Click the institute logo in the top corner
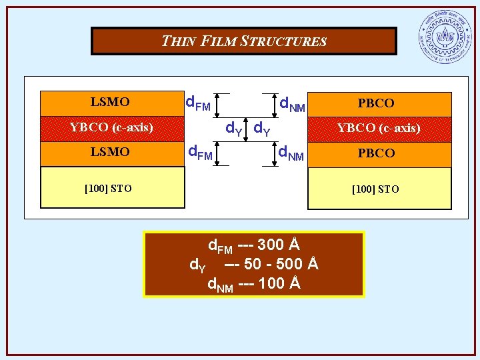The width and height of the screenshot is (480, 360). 444,38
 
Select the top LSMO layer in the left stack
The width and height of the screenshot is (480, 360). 111,103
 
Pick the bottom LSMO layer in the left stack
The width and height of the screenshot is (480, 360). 111,153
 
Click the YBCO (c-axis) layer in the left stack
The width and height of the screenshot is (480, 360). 111,127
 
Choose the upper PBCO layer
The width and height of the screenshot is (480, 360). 376,103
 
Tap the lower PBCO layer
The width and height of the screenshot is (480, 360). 376,153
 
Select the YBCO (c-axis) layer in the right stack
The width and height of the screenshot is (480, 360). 379,128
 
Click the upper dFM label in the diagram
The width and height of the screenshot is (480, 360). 197,104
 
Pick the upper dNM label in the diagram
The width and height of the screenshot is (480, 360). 292,104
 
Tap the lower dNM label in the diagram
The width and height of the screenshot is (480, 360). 291,155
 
